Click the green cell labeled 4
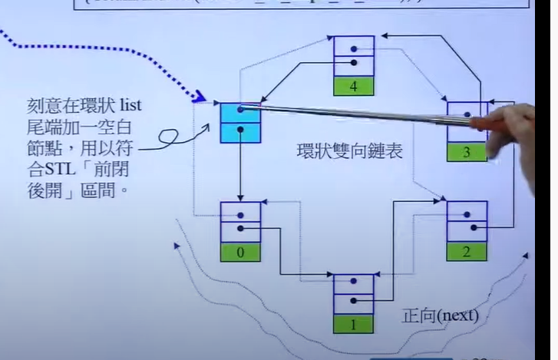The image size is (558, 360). (x=354, y=85)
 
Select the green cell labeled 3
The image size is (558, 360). (x=465, y=151)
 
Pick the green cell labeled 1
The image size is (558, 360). (x=354, y=323)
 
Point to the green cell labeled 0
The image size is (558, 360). (x=240, y=250)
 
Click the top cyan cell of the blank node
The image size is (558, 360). (x=241, y=111)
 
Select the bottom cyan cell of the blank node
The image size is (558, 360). (x=241, y=131)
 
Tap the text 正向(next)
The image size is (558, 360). (x=441, y=315)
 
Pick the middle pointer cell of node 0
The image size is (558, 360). (x=240, y=229)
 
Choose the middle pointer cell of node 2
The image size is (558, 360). (x=467, y=229)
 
